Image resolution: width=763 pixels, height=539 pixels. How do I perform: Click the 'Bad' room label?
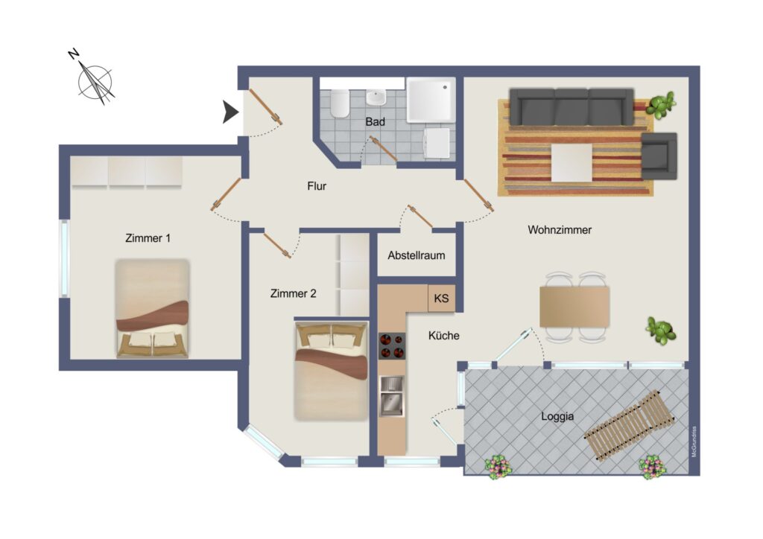(x=376, y=121)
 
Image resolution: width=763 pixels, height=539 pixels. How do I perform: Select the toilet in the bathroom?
(x=339, y=103)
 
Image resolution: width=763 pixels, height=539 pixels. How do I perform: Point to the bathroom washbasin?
(x=376, y=98)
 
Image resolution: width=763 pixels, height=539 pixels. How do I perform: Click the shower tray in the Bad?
(x=431, y=100)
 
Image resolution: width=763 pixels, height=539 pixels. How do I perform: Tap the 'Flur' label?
(x=317, y=186)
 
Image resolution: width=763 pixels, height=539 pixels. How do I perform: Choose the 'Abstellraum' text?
(x=416, y=255)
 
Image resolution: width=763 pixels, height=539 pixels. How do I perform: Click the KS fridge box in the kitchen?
(x=441, y=298)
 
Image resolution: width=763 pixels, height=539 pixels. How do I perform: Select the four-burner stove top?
(x=392, y=345)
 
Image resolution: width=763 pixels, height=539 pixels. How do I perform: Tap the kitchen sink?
(x=392, y=396)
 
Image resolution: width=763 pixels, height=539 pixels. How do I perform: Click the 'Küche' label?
(x=444, y=335)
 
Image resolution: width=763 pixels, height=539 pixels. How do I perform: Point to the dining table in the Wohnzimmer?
(x=574, y=307)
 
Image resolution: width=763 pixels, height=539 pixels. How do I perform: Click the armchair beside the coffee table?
(x=659, y=156)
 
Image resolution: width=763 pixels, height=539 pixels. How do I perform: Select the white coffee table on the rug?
(x=572, y=162)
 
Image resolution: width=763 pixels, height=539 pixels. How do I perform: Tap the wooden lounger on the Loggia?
(x=628, y=425)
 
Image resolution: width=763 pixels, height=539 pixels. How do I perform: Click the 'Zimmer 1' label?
(x=148, y=238)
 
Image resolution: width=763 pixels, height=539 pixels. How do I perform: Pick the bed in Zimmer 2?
(x=331, y=370)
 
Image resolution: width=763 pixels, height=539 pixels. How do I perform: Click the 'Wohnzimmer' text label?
(x=560, y=229)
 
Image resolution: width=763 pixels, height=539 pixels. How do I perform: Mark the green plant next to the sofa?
(x=660, y=105)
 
